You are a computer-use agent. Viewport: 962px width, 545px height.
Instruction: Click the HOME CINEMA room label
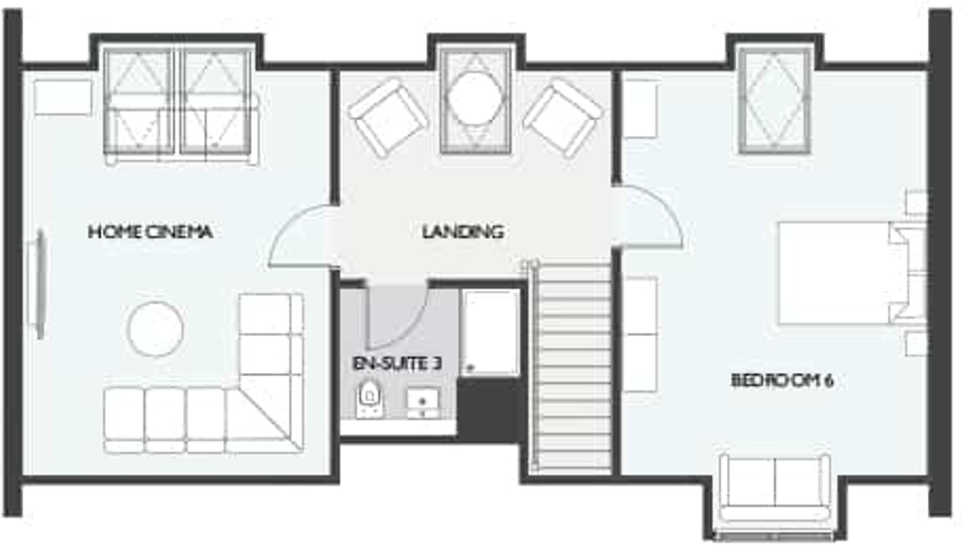click(x=150, y=232)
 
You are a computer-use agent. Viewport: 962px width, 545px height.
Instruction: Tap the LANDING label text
click(x=462, y=232)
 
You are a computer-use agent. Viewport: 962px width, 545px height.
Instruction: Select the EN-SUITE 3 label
click(x=397, y=364)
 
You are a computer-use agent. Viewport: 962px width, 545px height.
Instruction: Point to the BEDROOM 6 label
click(x=782, y=380)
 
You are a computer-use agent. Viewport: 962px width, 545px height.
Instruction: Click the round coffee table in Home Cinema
click(x=155, y=329)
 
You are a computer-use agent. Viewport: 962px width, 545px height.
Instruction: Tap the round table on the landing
click(x=475, y=99)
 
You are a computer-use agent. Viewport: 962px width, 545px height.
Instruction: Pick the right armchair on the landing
click(x=563, y=118)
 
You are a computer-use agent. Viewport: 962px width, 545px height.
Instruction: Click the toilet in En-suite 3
click(x=370, y=398)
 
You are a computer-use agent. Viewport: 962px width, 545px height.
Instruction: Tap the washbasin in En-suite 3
click(x=423, y=402)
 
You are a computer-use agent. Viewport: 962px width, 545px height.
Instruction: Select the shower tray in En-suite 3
click(x=490, y=332)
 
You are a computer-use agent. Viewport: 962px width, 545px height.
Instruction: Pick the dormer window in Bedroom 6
click(x=775, y=100)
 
